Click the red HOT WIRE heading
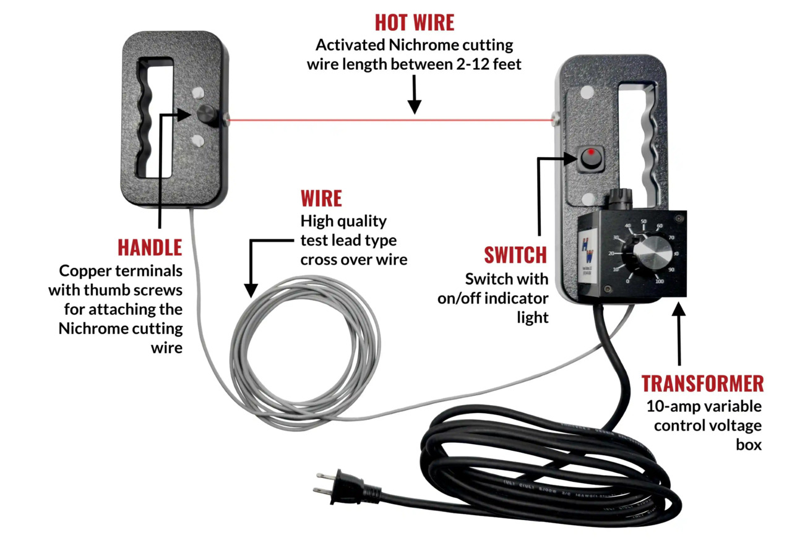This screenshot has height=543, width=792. click(x=414, y=22)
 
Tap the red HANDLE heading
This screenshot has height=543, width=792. click(x=150, y=247)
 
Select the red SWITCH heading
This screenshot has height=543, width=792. click(x=515, y=255)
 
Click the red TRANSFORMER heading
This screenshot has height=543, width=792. click(x=702, y=383)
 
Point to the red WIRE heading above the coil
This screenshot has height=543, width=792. click(x=321, y=199)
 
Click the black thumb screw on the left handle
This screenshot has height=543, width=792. click(x=207, y=115)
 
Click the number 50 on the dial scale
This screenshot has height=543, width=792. click(x=643, y=221)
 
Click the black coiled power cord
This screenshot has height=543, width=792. click(x=544, y=470)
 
